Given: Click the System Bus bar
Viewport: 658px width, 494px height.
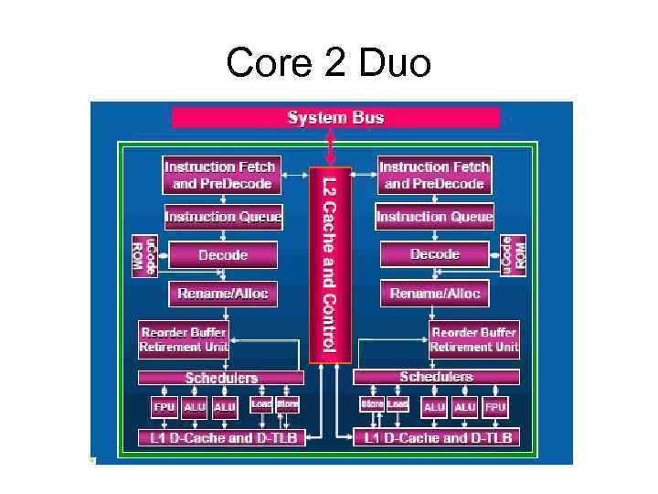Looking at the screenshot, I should click(335, 117).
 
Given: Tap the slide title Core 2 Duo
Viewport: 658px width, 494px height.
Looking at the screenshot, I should click(328, 63).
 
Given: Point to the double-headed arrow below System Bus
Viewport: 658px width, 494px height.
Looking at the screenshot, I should click(331, 147).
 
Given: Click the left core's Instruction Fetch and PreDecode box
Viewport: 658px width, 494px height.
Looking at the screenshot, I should click(220, 175).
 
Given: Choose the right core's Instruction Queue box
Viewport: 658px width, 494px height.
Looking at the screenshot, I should click(434, 217).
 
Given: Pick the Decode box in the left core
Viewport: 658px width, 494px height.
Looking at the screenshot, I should click(223, 254).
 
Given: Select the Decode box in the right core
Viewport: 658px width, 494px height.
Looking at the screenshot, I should click(435, 254).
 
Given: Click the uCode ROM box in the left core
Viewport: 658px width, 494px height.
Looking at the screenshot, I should click(144, 254).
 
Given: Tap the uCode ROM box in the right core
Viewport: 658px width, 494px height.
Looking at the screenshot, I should click(514, 254).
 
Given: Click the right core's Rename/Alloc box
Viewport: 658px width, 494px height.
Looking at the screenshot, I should click(435, 294).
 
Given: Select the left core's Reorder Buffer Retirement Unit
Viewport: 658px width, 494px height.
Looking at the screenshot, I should click(184, 339).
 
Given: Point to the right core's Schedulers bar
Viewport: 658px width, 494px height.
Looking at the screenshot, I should click(436, 377).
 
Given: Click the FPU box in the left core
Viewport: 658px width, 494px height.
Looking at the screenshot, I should click(164, 407).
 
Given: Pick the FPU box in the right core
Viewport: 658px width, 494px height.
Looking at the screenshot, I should click(494, 407).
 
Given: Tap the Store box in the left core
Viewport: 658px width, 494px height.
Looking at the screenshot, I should click(287, 403).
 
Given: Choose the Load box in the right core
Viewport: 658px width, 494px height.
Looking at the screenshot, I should click(398, 403).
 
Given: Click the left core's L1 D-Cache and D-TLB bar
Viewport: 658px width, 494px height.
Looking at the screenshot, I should click(221, 438).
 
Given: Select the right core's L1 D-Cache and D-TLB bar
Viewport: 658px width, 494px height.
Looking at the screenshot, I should click(436, 438).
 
